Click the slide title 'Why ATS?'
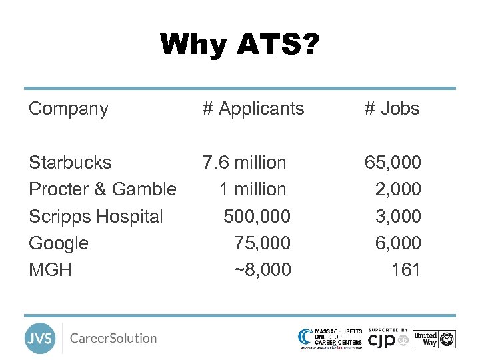click(240, 45)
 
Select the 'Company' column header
click(69, 109)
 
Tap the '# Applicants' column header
click(253, 109)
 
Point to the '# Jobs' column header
click(392, 109)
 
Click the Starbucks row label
click(70, 163)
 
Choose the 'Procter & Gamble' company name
click(103, 189)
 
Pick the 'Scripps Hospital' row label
click(96, 217)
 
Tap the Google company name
click(59, 243)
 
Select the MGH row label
click(50, 270)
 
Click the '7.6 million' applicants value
click(245, 163)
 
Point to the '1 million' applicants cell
click(253, 189)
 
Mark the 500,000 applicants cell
click(257, 217)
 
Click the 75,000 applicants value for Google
click(262, 243)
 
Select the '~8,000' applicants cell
click(262, 270)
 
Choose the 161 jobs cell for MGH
click(406, 270)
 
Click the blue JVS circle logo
click(40, 338)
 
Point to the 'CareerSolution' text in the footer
click(113, 338)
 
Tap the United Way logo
click(434, 338)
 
